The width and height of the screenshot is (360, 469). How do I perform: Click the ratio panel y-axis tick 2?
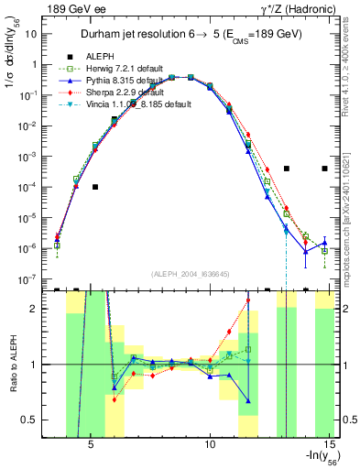[37, 309]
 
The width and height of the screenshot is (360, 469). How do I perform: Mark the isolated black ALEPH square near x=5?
[95, 187]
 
